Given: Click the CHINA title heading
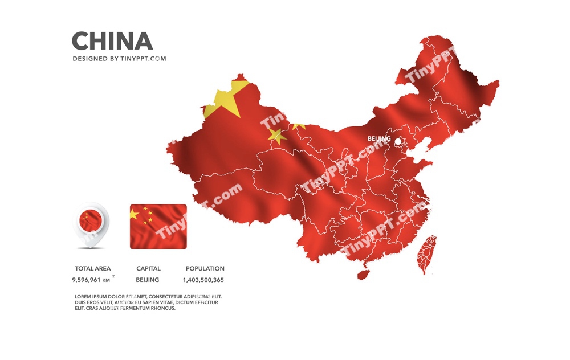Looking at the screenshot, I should click(112, 42).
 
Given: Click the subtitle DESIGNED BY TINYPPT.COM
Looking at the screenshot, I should click(119, 59).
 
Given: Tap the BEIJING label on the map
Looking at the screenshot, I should click(379, 138).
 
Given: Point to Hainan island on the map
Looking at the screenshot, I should click(361, 275).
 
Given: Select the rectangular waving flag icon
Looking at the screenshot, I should click(158, 226).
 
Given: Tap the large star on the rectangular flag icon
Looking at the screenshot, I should click(135, 214).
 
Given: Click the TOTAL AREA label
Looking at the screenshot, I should click(93, 268).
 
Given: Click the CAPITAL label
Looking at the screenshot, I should click(148, 268).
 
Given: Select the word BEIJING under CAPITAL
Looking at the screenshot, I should click(148, 280).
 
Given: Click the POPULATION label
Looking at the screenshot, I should click(205, 268).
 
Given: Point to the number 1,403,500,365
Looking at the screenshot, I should click(203, 280).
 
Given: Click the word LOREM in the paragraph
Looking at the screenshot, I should click(83, 297).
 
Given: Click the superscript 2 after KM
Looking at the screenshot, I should click(113, 276).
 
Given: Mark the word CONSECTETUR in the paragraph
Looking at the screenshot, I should click(165, 297).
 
